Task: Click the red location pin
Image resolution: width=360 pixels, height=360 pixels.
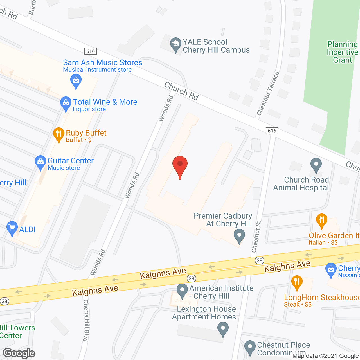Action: pyautogui.click(x=180, y=165)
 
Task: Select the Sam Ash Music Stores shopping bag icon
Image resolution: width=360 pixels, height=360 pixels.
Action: pyautogui.click(x=76, y=80)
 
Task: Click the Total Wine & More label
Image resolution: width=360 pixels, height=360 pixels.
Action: pyautogui.click(x=105, y=102)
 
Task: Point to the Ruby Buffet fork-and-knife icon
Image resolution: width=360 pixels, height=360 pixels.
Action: pyautogui.click(x=58, y=134)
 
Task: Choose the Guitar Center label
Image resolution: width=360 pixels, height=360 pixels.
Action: pyautogui.click(x=70, y=161)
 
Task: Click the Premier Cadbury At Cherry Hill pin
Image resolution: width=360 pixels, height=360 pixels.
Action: pyautogui.click(x=239, y=235)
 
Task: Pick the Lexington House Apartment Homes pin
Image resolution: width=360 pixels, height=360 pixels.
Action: pyautogui.click(x=223, y=329)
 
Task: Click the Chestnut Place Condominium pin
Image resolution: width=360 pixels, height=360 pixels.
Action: pyautogui.click(x=250, y=347)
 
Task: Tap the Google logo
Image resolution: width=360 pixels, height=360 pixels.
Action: pyautogui.click(x=19, y=353)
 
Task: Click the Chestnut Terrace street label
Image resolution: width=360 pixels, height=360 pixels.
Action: pyautogui.click(x=268, y=94)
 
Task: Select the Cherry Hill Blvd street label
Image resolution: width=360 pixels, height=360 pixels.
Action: pyautogui.click(x=86, y=320)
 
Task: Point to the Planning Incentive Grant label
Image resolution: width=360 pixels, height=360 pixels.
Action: pyautogui.click(x=343, y=52)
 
